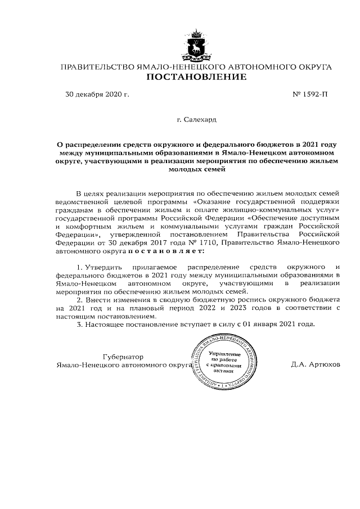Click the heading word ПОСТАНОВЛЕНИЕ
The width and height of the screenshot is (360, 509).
coord(196,77)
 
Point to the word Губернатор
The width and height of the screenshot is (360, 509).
coord(123,357)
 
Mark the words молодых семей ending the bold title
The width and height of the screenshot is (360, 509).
coord(196,168)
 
